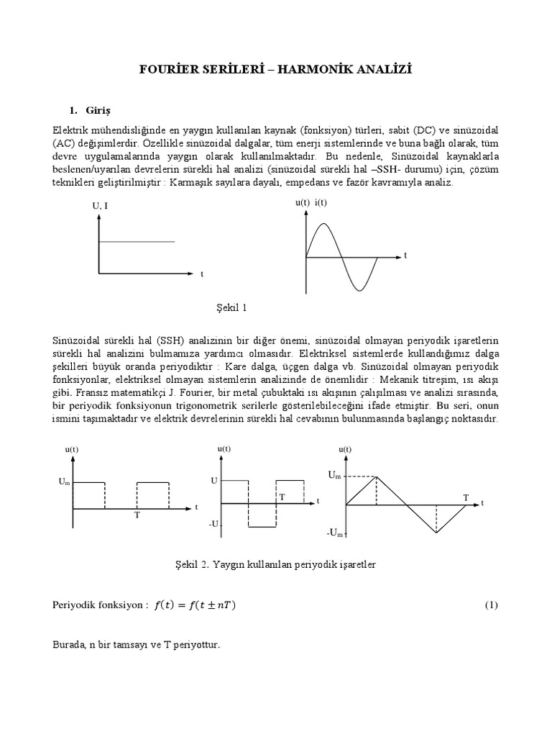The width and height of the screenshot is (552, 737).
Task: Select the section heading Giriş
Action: tap(96, 110)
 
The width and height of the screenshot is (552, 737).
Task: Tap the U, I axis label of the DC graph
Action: tap(100, 206)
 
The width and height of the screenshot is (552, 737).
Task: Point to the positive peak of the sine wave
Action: tap(324, 224)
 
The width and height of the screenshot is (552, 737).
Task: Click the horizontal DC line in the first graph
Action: tap(137, 241)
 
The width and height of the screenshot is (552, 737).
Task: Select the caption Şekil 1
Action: tap(231, 308)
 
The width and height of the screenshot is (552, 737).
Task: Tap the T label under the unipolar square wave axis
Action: tap(137, 516)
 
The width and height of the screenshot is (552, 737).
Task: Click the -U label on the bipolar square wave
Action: tap(213, 525)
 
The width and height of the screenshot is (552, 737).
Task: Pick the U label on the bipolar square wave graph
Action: tap(214, 479)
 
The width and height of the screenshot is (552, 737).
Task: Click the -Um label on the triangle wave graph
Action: tap(334, 533)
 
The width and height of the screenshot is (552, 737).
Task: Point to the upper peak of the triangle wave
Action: tap(377, 476)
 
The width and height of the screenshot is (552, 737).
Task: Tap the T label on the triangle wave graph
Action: tap(466, 497)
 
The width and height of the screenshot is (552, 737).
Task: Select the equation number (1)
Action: tap(491, 605)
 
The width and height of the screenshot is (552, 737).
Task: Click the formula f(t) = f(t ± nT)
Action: tap(195, 605)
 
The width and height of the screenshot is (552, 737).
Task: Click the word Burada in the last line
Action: tap(70, 645)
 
